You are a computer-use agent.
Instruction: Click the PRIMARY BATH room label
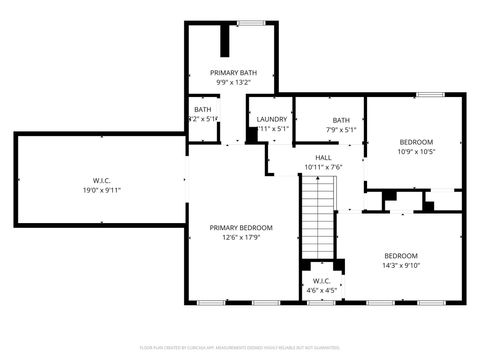232,73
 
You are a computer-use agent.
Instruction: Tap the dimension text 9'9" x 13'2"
232,83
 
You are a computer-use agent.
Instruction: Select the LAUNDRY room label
272,119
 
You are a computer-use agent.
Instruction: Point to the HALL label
323,157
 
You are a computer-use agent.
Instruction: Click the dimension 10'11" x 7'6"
323,167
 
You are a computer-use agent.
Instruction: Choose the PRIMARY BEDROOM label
241,227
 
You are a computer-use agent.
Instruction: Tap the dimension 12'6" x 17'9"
241,237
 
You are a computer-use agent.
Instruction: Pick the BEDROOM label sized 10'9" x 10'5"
415,142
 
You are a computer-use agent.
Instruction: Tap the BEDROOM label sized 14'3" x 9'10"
401,254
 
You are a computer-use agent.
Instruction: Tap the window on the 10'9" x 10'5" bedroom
430,94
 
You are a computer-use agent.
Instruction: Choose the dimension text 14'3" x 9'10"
401,265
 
